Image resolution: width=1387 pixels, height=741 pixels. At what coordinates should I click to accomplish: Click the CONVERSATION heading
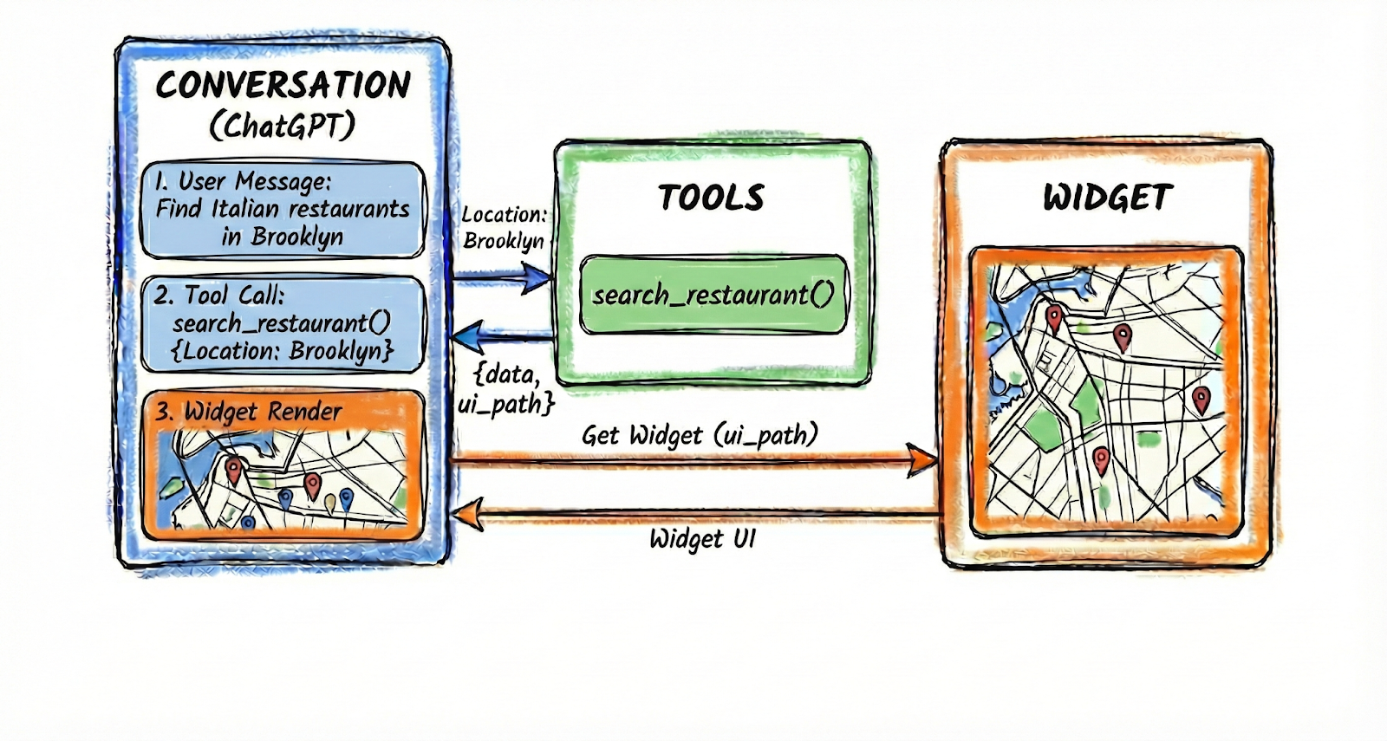pos(283,85)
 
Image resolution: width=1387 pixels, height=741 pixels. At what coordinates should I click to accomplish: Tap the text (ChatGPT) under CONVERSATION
pos(283,127)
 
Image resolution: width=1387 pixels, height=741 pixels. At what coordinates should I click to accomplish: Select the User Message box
pos(283,209)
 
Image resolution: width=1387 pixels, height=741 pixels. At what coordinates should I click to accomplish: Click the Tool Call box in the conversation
pos(283,322)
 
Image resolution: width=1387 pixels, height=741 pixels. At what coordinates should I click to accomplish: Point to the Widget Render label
pos(249,412)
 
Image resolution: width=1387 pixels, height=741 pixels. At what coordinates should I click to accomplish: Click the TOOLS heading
pos(711,198)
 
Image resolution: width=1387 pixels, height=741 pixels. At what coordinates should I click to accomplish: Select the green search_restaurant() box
pos(713,295)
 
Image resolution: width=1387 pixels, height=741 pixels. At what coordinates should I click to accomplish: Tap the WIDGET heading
pos(1107,198)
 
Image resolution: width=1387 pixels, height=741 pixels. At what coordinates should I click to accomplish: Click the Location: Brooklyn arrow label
pos(503,227)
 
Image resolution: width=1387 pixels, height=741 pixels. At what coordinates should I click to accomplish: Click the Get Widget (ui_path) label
pos(700,434)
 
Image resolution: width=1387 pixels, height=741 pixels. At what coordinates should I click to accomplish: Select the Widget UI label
pos(702,539)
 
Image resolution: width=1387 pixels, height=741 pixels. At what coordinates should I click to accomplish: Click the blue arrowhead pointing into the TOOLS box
pos(537,278)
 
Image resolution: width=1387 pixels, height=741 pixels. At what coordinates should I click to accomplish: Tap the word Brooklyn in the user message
pos(296,237)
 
